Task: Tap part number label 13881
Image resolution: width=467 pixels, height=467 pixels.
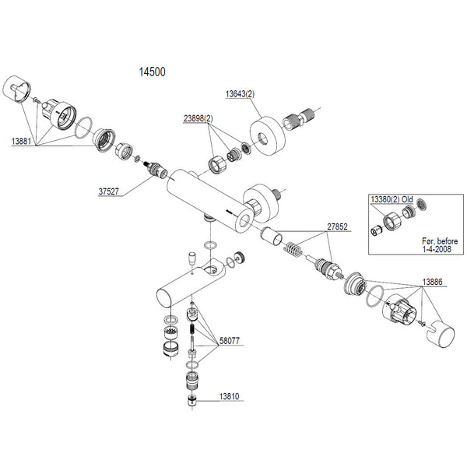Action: pos(22,142)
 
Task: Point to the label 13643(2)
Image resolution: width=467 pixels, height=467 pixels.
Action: pos(241,94)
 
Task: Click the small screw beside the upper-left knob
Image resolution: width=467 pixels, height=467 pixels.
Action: pos(37,99)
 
